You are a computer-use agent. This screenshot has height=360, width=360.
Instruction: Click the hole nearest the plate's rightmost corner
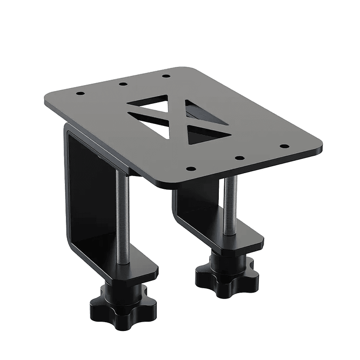click(x=284, y=146)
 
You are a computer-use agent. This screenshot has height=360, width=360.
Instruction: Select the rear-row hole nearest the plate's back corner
click(x=166, y=76)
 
